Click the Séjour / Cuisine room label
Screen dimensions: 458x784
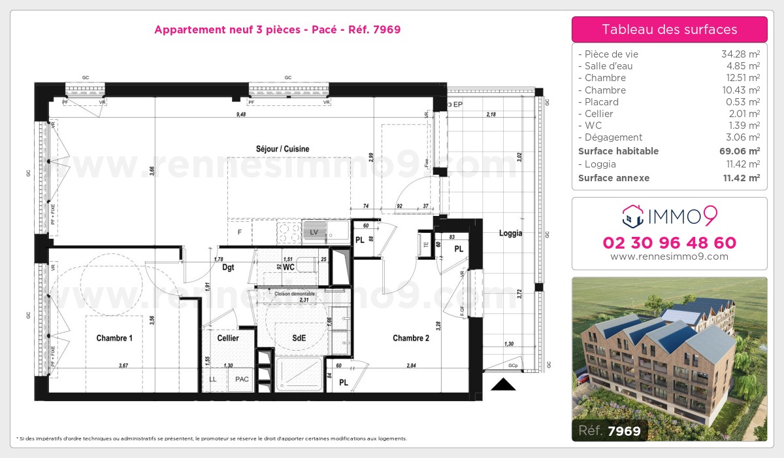282,149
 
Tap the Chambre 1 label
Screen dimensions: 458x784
114,338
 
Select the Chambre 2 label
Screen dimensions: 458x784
411,338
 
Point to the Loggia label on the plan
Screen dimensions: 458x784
510,233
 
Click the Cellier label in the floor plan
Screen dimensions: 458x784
228,338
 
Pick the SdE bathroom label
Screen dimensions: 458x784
299,338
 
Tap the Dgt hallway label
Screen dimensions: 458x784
228,267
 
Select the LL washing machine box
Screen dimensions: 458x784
213,379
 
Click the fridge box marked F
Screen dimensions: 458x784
240,232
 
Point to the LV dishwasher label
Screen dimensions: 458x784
315,232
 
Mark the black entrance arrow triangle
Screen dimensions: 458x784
503,385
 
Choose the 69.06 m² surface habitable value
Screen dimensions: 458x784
740,151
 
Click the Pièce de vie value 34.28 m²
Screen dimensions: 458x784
740,54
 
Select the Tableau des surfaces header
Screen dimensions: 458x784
669,29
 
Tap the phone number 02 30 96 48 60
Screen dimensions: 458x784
669,243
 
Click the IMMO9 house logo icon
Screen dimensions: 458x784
630,214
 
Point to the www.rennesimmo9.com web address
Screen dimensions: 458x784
669,257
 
